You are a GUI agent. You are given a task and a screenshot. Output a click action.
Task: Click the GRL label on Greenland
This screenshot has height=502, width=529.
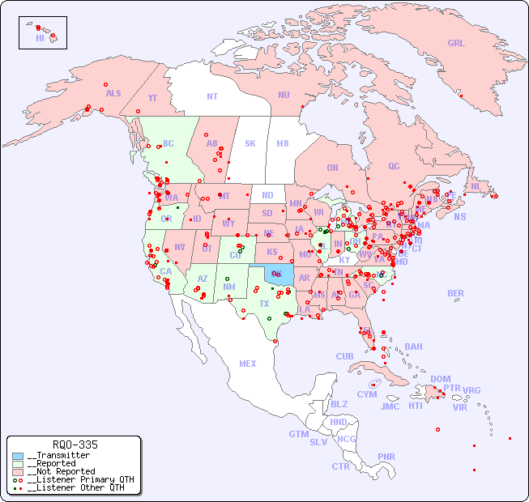point(456,44)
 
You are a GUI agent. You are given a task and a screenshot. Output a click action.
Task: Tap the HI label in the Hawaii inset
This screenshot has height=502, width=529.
point(40,38)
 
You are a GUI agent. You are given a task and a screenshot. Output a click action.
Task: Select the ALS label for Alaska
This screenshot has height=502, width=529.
point(113,94)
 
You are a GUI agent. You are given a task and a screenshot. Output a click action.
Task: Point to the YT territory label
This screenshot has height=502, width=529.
point(152,98)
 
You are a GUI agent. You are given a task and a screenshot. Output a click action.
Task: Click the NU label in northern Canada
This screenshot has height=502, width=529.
point(284,96)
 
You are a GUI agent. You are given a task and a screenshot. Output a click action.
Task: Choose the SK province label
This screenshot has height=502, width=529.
point(250,143)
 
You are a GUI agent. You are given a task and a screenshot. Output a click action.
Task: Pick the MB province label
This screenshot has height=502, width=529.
point(283,143)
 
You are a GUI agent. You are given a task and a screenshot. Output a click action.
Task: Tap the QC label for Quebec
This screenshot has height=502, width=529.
point(394,167)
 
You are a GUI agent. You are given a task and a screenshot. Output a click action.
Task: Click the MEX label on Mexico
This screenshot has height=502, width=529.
point(248,364)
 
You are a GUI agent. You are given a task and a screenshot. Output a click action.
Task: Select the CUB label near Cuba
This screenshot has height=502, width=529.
point(344,356)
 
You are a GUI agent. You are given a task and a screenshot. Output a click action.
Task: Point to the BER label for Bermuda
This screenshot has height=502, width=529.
point(455,293)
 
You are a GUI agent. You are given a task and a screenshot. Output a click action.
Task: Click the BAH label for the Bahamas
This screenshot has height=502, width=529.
point(413,347)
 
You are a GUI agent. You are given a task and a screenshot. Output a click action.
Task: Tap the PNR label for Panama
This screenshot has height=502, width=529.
point(386,457)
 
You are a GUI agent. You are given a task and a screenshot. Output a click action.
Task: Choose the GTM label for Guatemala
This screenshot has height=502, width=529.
point(298,434)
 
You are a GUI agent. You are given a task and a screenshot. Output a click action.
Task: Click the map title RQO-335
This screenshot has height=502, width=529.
point(75,445)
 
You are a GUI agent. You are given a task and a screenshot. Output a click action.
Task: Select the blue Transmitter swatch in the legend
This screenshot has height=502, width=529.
point(18,456)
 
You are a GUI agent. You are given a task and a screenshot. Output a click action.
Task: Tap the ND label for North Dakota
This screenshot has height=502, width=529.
point(267,196)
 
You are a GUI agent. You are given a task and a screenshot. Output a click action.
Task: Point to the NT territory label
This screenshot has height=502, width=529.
point(212,96)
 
